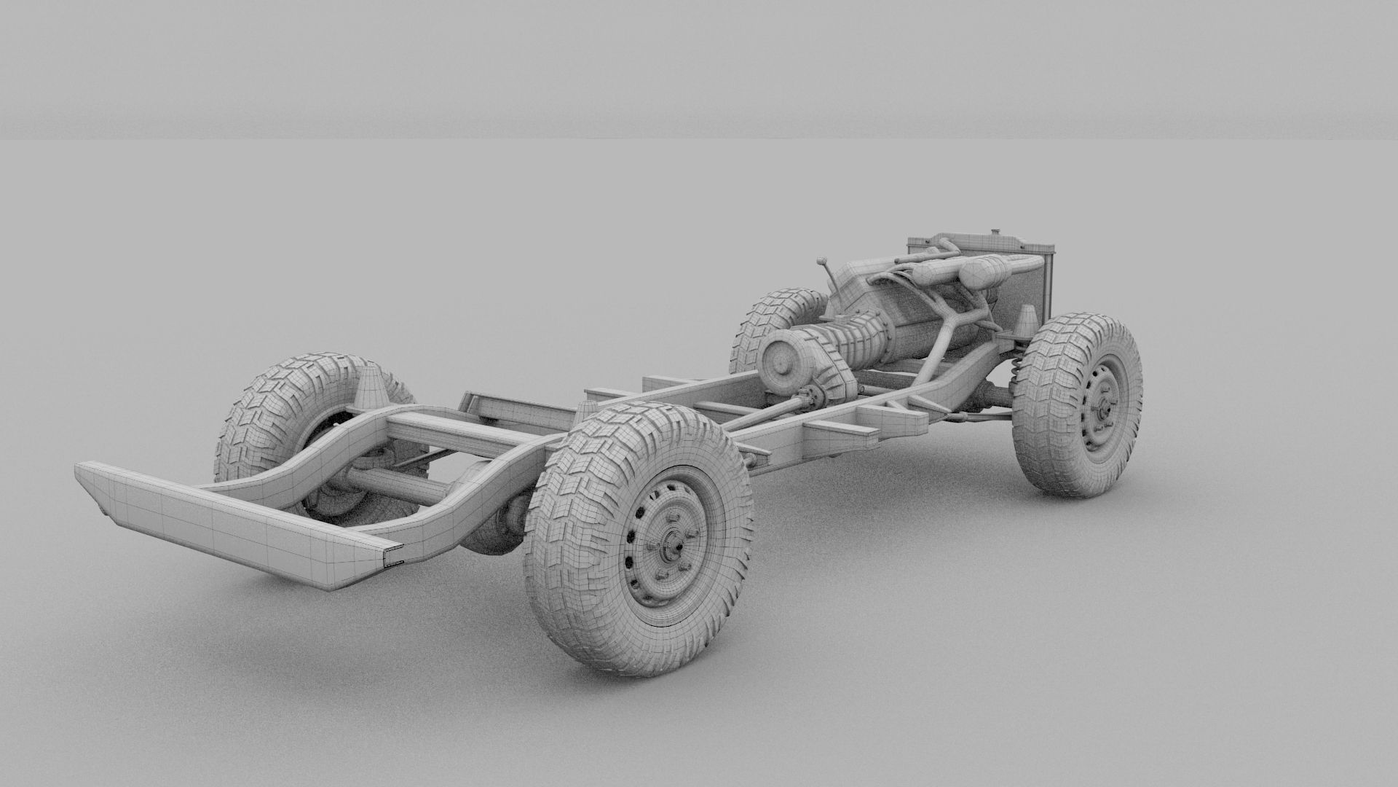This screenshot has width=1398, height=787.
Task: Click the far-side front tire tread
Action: tap(772, 313)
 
